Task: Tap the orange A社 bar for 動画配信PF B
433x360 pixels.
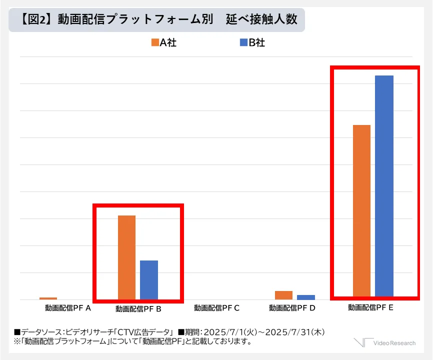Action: [x=126, y=257]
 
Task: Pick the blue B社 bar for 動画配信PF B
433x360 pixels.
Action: [x=149, y=279]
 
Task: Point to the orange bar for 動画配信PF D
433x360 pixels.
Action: [x=283, y=295]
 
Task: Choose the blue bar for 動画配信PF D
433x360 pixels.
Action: [x=305, y=297]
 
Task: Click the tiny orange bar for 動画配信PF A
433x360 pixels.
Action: [x=48, y=298]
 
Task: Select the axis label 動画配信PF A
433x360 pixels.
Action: [x=67, y=308]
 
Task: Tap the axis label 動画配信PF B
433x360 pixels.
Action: [x=138, y=309]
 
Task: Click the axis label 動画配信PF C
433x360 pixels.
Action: [x=216, y=308]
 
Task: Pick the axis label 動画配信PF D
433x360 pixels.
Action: [x=292, y=308]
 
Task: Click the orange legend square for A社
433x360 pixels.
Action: [x=154, y=43]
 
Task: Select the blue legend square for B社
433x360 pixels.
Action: [x=243, y=43]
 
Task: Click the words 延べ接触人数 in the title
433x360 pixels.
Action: [x=261, y=19]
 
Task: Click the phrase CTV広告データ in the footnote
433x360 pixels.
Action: [x=145, y=332]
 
